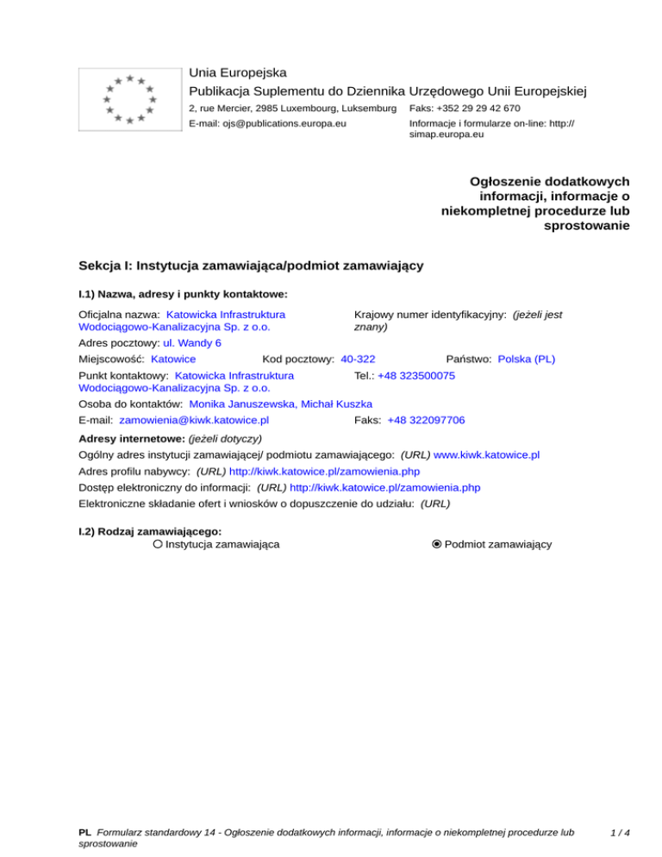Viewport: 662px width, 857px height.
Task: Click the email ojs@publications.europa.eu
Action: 267,124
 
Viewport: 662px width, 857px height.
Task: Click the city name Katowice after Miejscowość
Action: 172,359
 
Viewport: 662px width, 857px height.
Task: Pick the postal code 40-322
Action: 358,359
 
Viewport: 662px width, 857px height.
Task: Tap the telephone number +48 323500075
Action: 416,376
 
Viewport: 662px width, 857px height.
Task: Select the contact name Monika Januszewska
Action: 242,403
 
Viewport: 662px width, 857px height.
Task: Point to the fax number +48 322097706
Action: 426,420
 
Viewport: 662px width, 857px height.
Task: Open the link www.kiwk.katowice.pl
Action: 487,454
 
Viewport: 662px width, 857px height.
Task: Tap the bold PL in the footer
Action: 84,834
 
